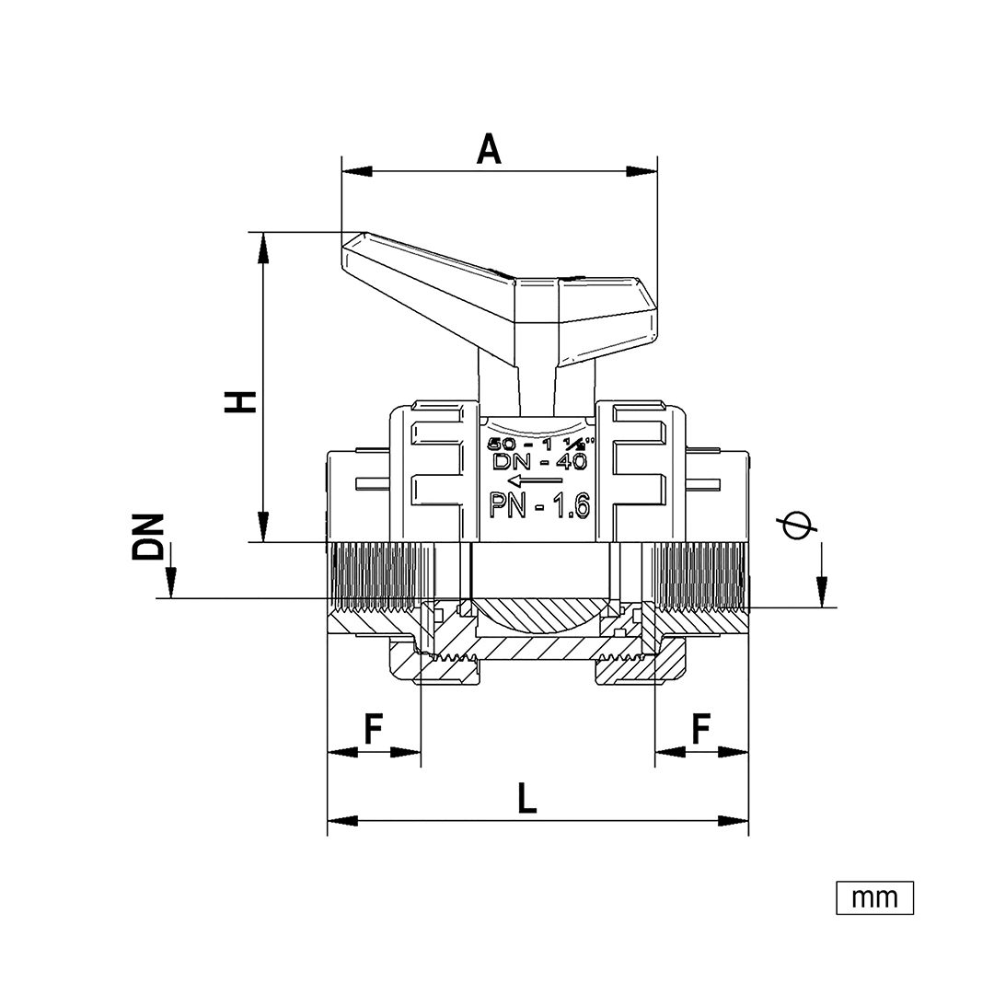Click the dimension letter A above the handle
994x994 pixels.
pos(489,150)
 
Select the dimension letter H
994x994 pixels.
pos(240,402)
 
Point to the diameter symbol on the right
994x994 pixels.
pos(797,525)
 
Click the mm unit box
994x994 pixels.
pos(875,897)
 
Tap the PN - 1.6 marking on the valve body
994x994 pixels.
pos(540,506)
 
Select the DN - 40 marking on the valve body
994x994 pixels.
pos(540,461)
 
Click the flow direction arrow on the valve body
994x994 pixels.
pos(535,480)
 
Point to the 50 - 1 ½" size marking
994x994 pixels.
pos(540,443)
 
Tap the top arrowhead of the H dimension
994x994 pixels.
pos(262,248)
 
